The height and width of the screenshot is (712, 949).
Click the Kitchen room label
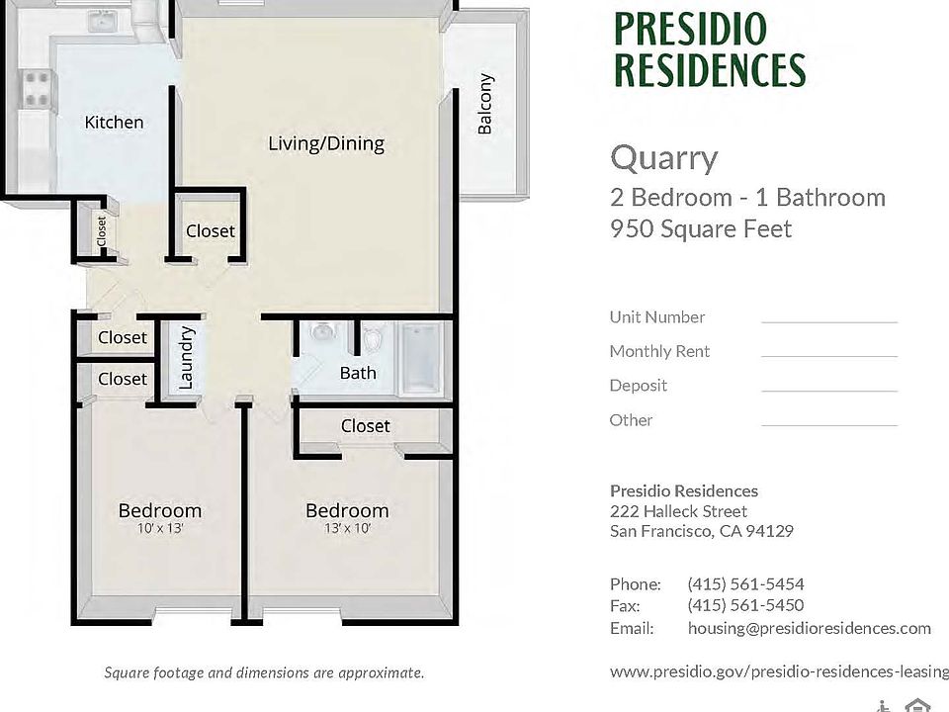114,123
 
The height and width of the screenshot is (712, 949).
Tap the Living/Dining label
326,143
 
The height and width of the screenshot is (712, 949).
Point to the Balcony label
485,104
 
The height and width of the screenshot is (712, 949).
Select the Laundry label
187,358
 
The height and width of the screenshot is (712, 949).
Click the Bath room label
358,373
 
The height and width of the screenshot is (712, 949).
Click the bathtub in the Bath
421,358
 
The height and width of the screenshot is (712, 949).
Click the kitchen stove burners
36,88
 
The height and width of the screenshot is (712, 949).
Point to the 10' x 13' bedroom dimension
160,528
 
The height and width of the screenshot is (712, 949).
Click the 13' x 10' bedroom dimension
347,528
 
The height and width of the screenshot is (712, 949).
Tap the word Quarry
664,158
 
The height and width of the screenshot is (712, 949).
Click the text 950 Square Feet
701,228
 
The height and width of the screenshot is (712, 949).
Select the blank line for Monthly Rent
829,357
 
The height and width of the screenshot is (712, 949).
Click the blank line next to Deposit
829,392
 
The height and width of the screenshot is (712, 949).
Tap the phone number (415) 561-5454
745,584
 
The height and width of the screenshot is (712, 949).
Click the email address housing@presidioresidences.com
810,629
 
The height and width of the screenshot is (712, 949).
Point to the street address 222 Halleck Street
678,511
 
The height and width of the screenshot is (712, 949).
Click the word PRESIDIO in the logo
691,29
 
